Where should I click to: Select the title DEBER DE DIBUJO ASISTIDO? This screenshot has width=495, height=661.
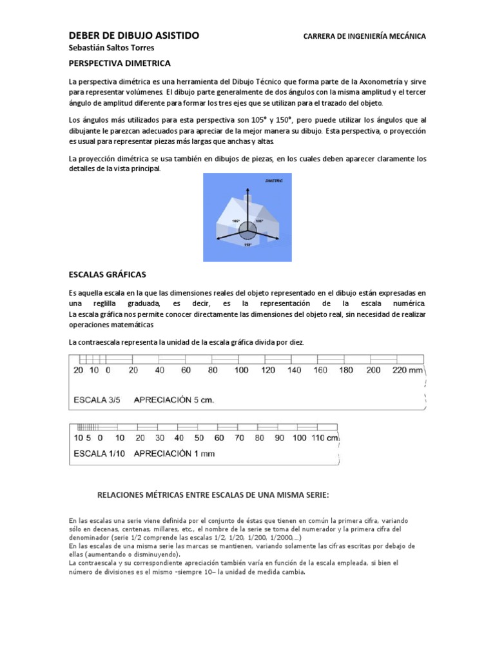tap(133, 36)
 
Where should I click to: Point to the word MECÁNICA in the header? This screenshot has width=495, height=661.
tap(405, 36)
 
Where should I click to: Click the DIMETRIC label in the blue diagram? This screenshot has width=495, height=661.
tap(275, 183)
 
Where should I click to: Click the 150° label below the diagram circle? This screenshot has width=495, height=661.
tap(247, 245)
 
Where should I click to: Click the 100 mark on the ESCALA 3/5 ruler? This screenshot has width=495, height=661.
tap(241, 371)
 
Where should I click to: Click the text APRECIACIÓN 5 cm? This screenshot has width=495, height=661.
tap(173, 400)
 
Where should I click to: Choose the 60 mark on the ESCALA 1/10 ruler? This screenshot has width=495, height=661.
tap(219, 438)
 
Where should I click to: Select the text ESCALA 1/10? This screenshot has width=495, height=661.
tap(99, 453)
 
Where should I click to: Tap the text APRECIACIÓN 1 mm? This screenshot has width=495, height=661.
tap(173, 453)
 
